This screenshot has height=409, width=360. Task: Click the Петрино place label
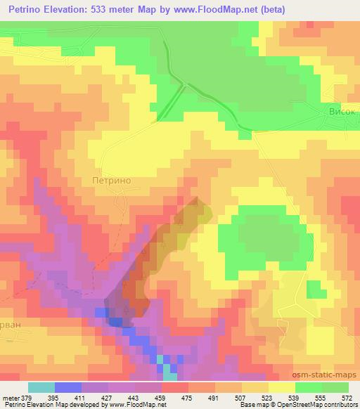[112, 180]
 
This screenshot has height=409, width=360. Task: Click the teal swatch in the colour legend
[41, 387]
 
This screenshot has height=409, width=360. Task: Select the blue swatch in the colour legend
[68, 387]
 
